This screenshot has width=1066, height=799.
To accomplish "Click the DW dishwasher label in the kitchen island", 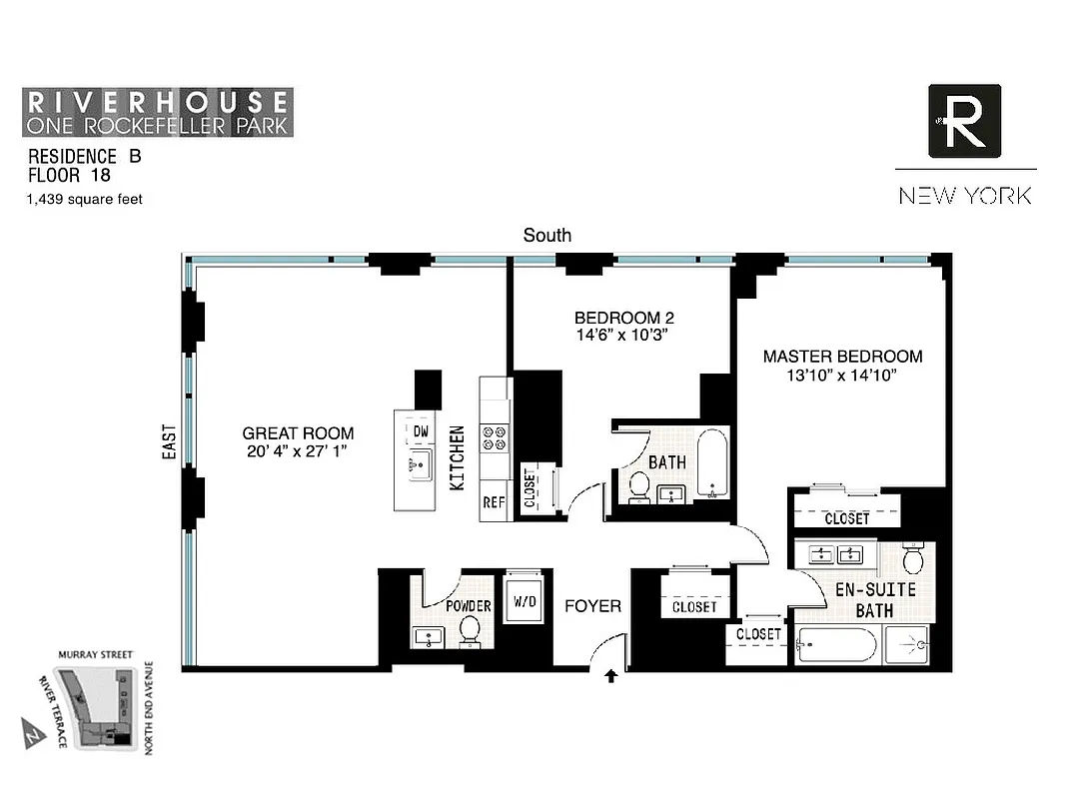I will coord(420,431).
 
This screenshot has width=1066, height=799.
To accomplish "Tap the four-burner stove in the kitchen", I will coord(495,438).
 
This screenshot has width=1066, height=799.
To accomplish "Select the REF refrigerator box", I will coord(494,502).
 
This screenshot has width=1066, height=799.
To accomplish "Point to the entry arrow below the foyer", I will coord(610,678).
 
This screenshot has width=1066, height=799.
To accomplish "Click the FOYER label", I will coord(592,606).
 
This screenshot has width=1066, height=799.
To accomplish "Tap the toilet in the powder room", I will coord(470,631).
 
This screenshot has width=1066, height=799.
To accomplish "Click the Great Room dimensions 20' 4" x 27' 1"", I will coord(298,451).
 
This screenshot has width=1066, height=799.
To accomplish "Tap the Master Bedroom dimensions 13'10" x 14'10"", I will coord(842,376).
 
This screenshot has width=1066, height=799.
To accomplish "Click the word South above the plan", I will coord(547,235).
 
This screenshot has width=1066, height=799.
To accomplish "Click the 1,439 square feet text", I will coord(85,199).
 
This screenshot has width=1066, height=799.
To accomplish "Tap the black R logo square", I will coord(964,121).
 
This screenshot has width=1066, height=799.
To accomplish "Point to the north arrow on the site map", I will coord(32,735).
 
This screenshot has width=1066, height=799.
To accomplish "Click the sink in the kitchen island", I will coord(420,463).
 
